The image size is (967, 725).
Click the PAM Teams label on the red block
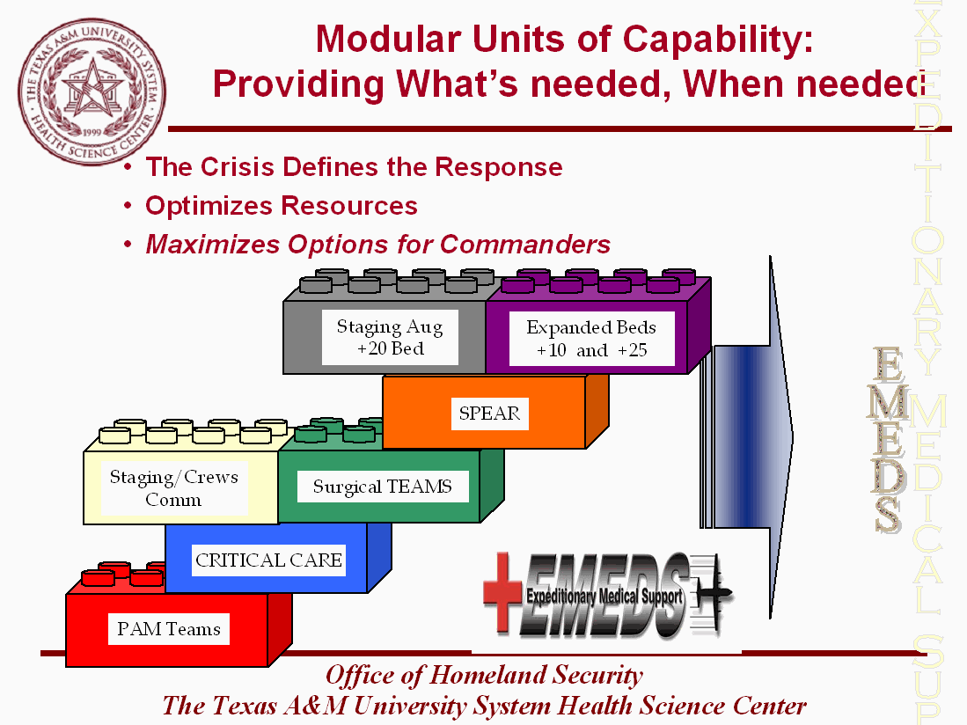169,629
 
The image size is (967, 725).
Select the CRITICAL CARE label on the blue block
268,560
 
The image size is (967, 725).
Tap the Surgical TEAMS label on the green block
382,487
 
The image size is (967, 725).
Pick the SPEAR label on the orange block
489,413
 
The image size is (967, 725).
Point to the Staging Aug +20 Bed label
390,338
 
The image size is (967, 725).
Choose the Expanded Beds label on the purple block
591,339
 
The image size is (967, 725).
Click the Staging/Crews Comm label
173,488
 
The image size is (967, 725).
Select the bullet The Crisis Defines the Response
354,167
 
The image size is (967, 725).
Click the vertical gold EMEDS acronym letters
889,440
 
